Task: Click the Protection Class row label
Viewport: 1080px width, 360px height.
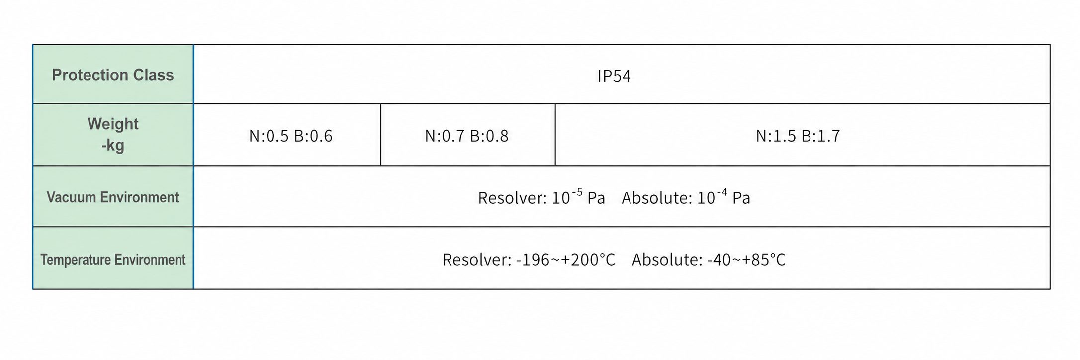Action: pos(113,75)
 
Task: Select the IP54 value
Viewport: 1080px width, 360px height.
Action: pos(614,76)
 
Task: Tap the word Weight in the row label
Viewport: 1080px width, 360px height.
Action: pos(113,124)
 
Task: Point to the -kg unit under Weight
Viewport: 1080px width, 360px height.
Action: pos(113,146)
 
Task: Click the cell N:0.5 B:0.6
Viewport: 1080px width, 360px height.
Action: pos(291,136)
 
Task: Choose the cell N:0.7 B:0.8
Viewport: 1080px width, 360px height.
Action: pos(466,136)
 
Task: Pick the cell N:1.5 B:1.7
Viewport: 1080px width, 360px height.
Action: pos(798,136)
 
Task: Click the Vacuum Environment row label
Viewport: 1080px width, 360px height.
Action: pos(113,197)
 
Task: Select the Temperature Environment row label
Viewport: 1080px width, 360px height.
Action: pos(113,259)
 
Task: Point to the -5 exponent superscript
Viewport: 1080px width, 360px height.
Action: pos(577,192)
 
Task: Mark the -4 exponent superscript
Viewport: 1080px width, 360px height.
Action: pos(721,192)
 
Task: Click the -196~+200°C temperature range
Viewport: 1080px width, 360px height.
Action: pos(566,260)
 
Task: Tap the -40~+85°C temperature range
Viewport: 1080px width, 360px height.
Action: pos(746,260)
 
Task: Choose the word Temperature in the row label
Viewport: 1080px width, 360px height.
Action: pos(76,260)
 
